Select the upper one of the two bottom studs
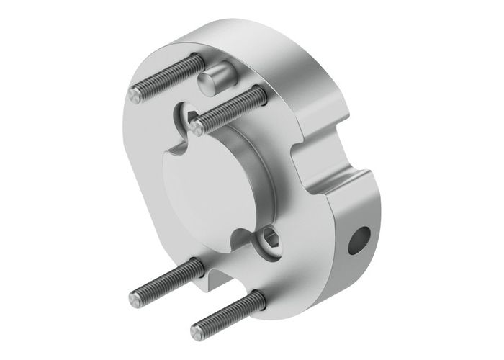[166, 280]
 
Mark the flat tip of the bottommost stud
[196, 333]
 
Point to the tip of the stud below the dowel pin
[197, 127]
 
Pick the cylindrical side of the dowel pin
[220, 73]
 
